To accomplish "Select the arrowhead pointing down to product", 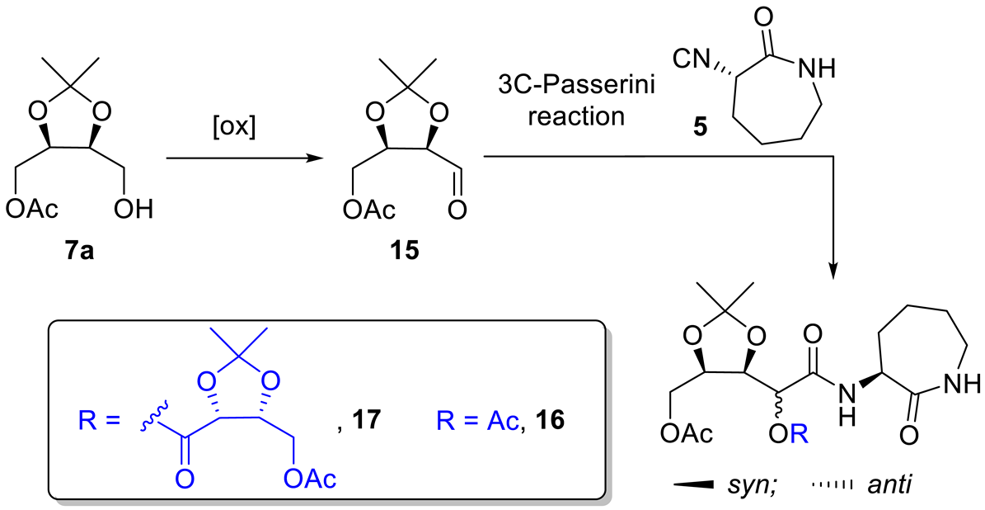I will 835,269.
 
